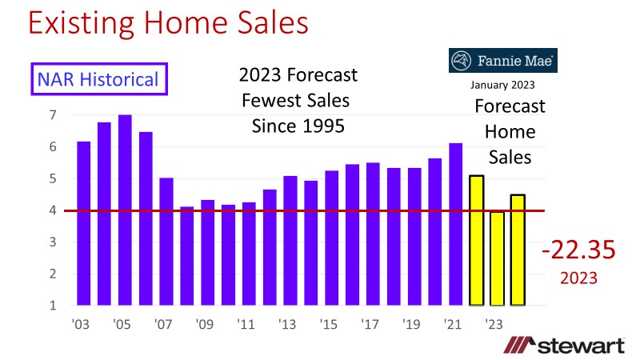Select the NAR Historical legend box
[99, 79]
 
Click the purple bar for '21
[456, 223]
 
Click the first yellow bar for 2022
[477, 240]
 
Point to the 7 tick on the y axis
[52, 115]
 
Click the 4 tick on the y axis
[52, 210]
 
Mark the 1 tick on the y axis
[52, 306]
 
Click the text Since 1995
[298, 126]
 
